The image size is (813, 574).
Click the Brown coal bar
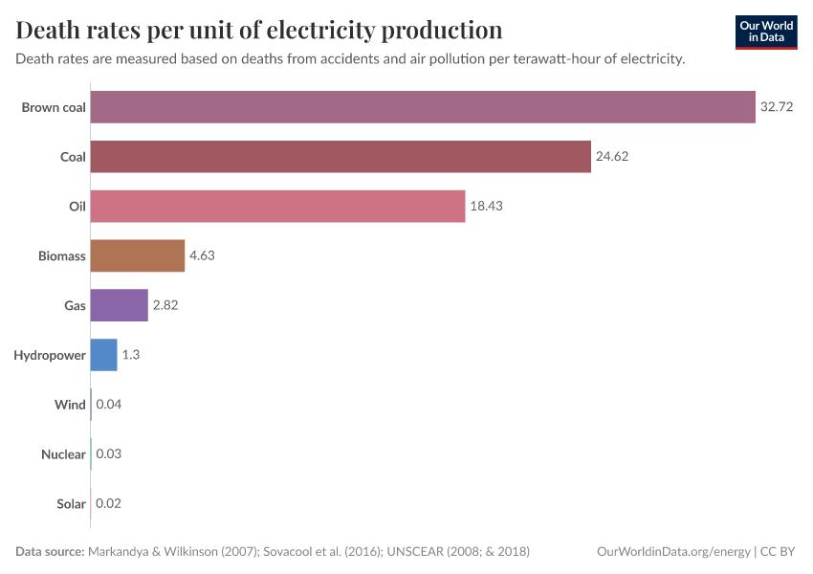point(423,107)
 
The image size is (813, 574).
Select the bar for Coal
point(341,157)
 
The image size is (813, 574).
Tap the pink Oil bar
point(277,207)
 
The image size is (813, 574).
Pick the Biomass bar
point(137,255)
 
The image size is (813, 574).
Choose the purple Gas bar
point(119,305)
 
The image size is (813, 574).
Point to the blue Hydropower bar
point(103,355)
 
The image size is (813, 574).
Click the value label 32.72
point(777,107)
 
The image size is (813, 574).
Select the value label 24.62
point(612,157)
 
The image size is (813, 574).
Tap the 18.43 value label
point(486,207)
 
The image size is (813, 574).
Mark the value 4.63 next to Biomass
point(204,255)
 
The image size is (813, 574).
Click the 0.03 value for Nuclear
point(108,454)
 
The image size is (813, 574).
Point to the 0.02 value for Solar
point(108,503)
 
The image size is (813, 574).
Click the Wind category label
point(70,405)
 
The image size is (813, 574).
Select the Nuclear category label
point(63,454)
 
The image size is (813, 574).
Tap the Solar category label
point(71,503)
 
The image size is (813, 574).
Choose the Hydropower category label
point(50,355)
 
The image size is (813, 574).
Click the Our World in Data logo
point(765,32)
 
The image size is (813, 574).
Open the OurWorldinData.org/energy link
point(672,552)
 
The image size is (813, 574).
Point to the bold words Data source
point(50,552)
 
